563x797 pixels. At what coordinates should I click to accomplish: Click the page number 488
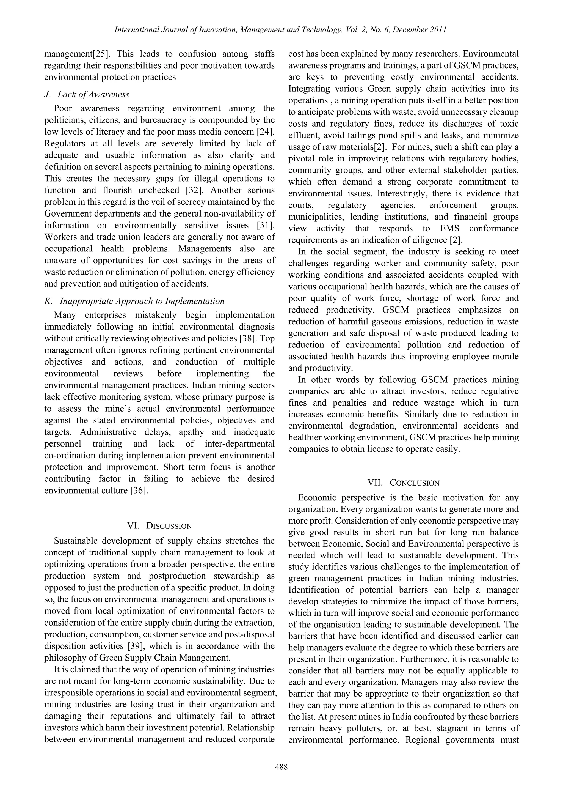tap(281, 767)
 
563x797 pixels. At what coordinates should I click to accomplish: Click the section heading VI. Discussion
tap(159, 525)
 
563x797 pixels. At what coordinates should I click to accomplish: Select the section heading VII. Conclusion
tap(404, 483)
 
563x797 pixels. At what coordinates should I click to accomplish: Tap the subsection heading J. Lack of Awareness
tap(87, 94)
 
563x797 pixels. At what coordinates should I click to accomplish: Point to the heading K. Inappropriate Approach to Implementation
tap(135, 301)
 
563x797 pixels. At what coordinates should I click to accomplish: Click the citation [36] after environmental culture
tap(139, 491)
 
